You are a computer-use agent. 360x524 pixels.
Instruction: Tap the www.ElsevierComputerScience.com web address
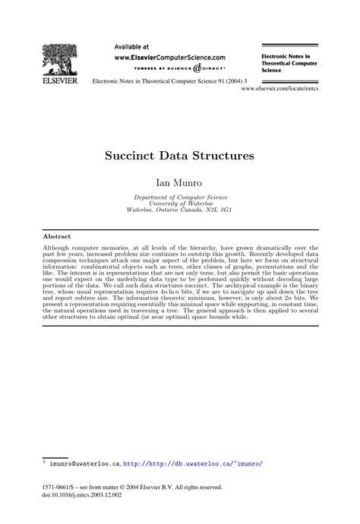pos(169,57)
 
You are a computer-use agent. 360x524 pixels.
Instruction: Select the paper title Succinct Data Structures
pos(179,156)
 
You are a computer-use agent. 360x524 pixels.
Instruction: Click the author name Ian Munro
pos(179,182)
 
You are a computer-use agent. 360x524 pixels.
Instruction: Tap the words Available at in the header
pos(131,46)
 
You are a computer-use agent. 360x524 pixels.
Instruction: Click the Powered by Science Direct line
pos(169,68)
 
